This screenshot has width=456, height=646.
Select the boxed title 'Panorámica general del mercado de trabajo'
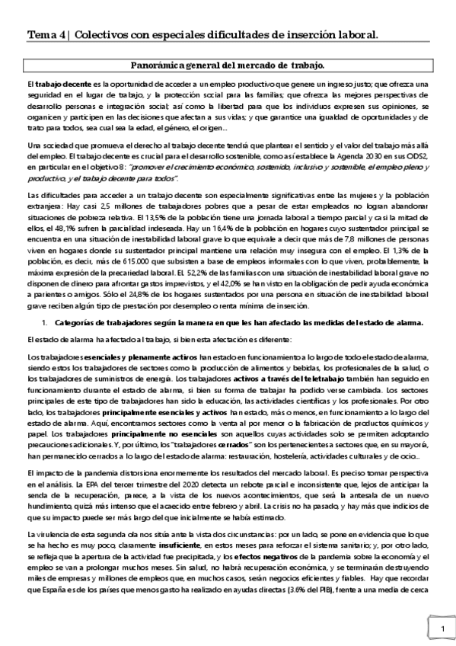(x=228, y=66)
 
